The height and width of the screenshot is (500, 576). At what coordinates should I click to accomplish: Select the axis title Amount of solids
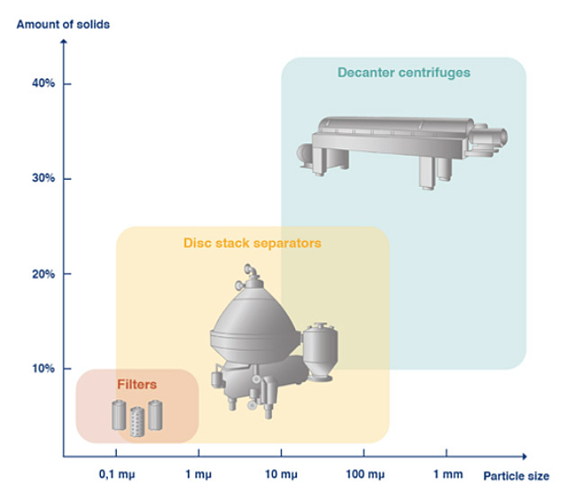coord(64,24)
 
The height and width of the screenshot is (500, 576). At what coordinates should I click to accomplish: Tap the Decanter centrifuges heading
coord(404,72)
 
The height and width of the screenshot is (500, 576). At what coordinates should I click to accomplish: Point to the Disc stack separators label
coord(252,243)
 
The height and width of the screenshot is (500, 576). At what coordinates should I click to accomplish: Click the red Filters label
coord(137,384)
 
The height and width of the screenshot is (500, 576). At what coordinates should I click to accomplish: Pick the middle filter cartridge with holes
coord(137,421)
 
